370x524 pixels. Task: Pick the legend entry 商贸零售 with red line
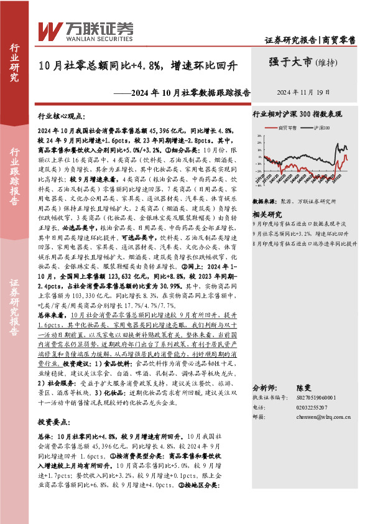(x=290, y=127)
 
